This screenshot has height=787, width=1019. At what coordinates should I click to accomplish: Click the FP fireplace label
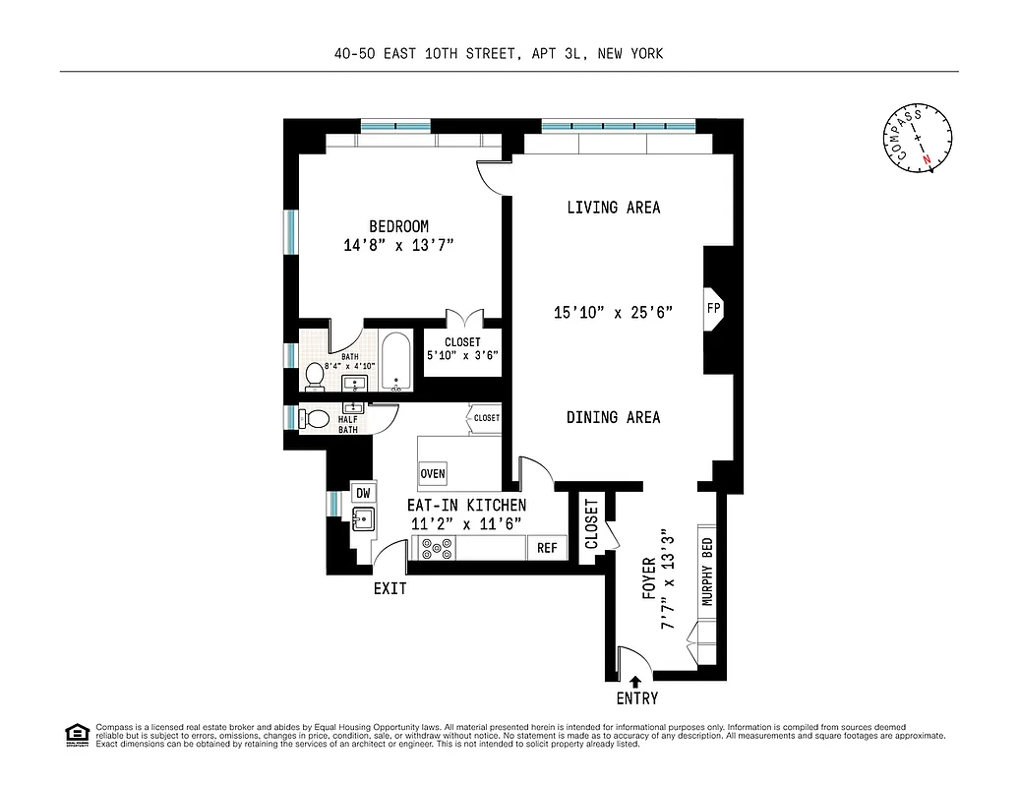tap(713, 307)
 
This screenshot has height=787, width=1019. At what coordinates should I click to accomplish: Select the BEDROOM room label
tap(398, 226)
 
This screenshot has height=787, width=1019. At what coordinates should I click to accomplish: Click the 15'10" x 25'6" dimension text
tap(613, 313)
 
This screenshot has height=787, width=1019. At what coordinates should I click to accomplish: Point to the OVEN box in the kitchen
tap(433, 473)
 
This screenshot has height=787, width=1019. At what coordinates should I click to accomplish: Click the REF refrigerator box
tap(547, 548)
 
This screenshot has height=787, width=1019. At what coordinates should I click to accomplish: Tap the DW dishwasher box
tap(363, 493)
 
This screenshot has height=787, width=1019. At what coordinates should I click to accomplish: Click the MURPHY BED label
tap(706, 572)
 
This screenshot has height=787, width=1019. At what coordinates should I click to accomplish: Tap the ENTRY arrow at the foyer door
tap(635, 680)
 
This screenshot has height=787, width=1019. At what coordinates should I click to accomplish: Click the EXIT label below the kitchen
tap(390, 589)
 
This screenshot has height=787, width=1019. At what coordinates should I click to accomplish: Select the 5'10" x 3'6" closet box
tap(462, 349)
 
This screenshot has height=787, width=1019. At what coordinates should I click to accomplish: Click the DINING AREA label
tap(613, 417)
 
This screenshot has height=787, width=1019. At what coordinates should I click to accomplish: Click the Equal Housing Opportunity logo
tap(75, 734)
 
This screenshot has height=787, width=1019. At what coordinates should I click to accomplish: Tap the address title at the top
tap(498, 53)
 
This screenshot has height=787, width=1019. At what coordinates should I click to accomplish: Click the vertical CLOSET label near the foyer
tap(591, 525)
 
